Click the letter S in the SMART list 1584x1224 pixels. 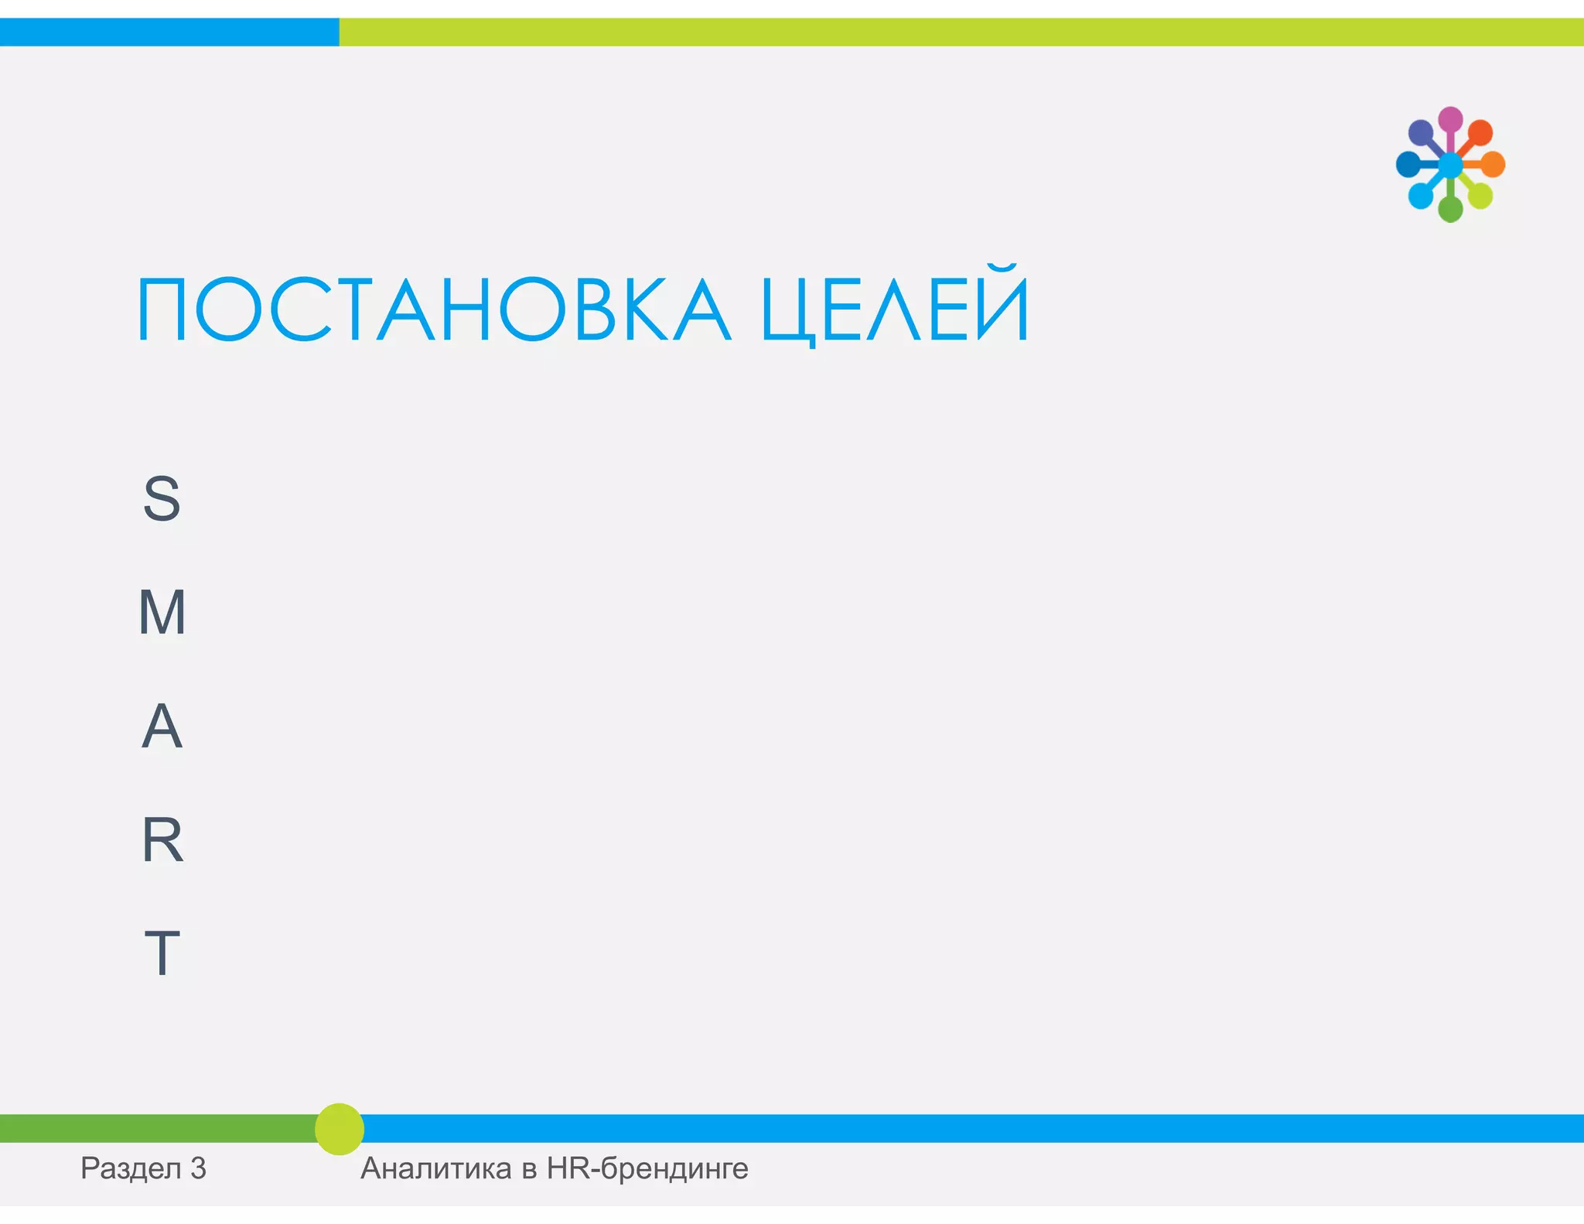[x=162, y=499]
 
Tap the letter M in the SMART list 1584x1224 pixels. [x=162, y=612]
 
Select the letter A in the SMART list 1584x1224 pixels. [x=162, y=726]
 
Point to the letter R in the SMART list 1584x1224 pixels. [x=162, y=839]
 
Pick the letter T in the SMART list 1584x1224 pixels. [x=162, y=953]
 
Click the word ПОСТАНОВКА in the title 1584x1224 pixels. [x=433, y=309]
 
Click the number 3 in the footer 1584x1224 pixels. [x=198, y=1168]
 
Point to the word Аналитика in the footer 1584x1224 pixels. [x=435, y=1168]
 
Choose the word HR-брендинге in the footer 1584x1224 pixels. [x=647, y=1168]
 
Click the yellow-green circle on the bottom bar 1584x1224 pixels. [x=340, y=1129]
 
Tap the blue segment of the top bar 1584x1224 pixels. [x=169, y=32]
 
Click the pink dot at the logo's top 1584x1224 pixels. [x=1450, y=119]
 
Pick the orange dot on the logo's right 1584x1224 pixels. [x=1493, y=164]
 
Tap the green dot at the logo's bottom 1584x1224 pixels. [x=1450, y=209]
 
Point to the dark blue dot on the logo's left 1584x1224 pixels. [x=1408, y=164]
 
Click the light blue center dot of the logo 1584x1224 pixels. [x=1450, y=164]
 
